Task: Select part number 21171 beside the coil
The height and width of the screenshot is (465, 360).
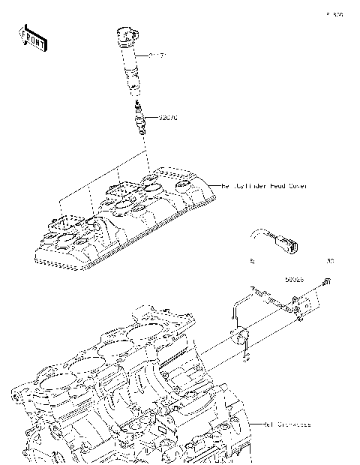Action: [x=156, y=55]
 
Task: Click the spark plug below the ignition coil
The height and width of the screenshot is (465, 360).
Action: [x=138, y=118]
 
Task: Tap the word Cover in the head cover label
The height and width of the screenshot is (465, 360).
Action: [x=297, y=184]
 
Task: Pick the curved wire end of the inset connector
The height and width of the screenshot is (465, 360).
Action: [x=257, y=235]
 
